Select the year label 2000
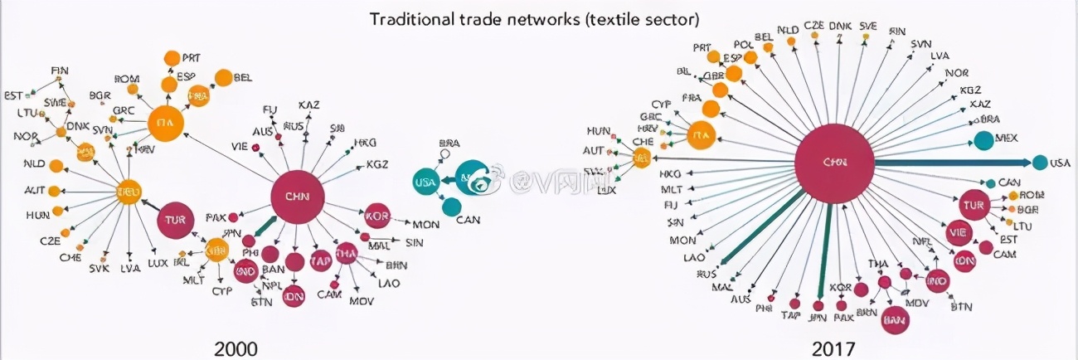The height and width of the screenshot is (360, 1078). (x=236, y=348)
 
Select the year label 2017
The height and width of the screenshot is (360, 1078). (x=833, y=348)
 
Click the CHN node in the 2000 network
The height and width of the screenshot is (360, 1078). (x=297, y=197)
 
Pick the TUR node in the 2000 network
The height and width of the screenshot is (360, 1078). (x=175, y=221)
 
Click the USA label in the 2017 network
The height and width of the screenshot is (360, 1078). (x=1060, y=163)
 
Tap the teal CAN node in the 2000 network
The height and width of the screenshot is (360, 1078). (x=452, y=207)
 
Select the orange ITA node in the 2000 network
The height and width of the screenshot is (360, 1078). (x=164, y=124)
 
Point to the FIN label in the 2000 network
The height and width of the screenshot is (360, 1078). (x=59, y=71)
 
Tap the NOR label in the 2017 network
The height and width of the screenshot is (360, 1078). (x=957, y=73)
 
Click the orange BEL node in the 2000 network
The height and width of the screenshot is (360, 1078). (x=223, y=78)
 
